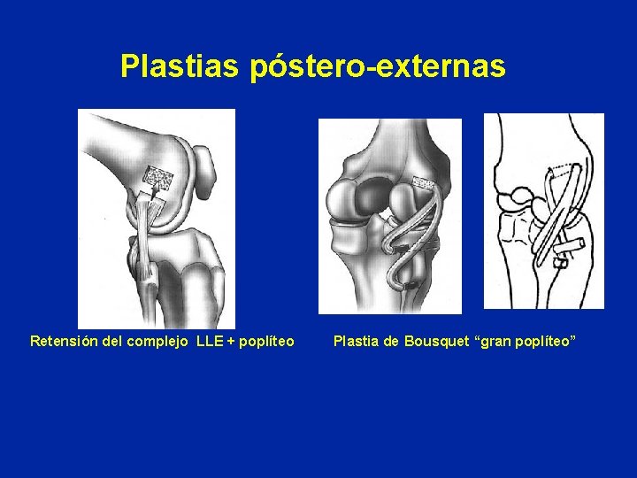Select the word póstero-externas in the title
pyautogui.click(x=378, y=66)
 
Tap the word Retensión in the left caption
pyautogui.click(x=62, y=341)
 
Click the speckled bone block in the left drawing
pyautogui.click(x=159, y=176)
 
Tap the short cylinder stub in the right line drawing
pyautogui.click(x=572, y=244)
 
